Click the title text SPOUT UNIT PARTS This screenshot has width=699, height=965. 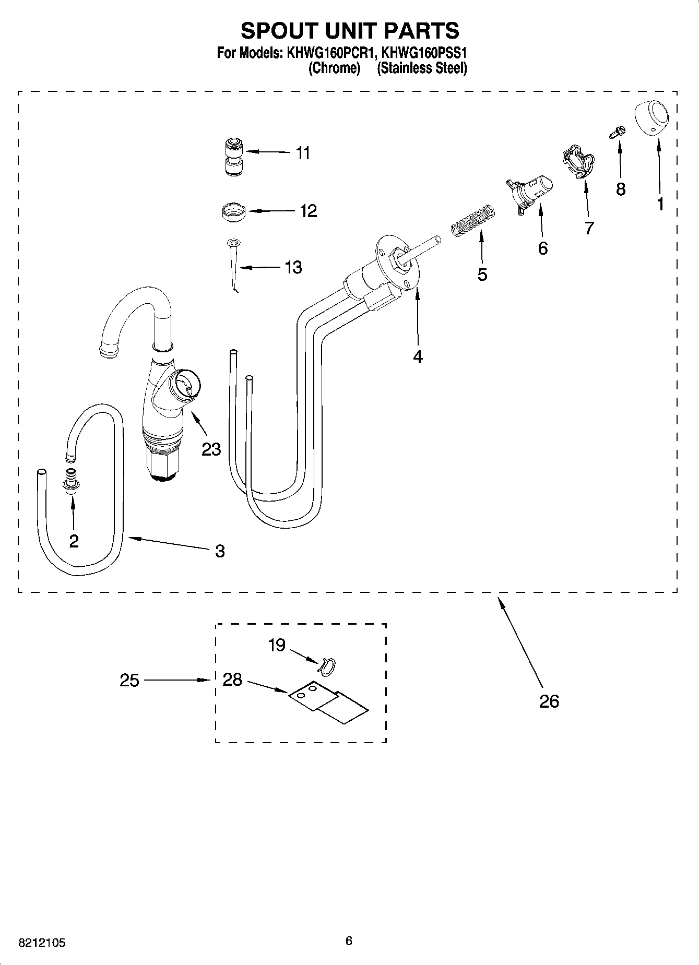pos(349,31)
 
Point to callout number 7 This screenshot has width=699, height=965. pos(589,228)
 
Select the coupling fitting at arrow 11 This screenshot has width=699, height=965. pos(233,157)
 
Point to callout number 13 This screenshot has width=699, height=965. pos(293,267)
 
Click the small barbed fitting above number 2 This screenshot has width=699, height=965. pos(70,479)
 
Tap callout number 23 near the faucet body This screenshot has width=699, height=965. pos(211,449)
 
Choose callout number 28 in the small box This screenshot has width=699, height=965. pos(232,680)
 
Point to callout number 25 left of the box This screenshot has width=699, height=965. pos(129,680)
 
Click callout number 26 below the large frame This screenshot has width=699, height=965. pos(549,701)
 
